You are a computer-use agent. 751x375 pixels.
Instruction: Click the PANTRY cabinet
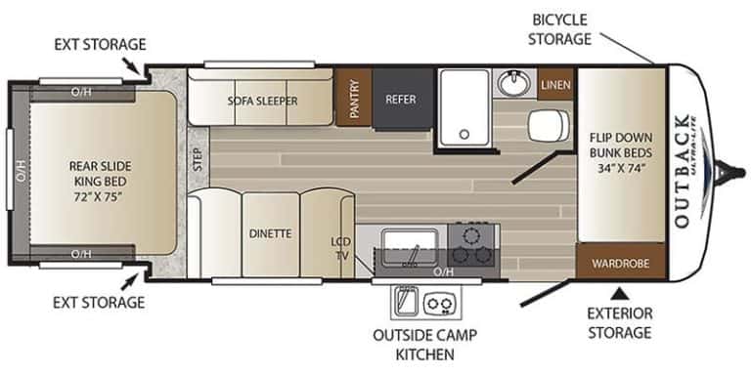tap(352, 99)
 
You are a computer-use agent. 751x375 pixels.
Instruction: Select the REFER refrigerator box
tap(401, 99)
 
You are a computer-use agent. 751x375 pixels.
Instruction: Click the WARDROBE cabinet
tap(620, 262)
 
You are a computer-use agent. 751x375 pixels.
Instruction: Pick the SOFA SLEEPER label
tap(262, 100)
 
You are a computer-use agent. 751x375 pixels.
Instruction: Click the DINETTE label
tap(270, 233)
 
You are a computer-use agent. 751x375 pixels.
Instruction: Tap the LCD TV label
tap(340, 248)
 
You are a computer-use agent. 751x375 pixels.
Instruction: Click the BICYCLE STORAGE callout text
tap(561, 29)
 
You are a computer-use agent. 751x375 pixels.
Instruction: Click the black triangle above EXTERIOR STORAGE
tap(619, 292)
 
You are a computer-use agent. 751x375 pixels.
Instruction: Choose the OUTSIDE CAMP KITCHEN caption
tap(424, 343)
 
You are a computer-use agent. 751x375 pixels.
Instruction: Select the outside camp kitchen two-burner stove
tap(441, 304)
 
